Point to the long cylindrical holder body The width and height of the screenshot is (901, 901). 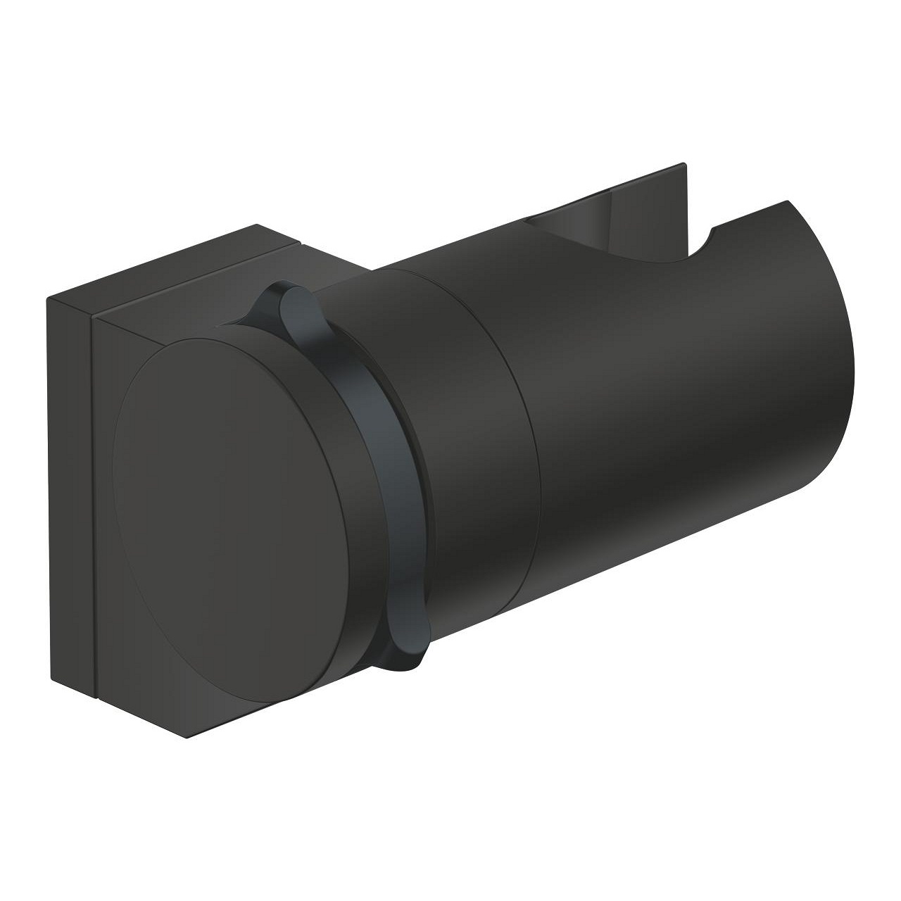[x=669, y=394]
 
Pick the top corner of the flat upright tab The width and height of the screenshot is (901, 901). [x=683, y=166]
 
